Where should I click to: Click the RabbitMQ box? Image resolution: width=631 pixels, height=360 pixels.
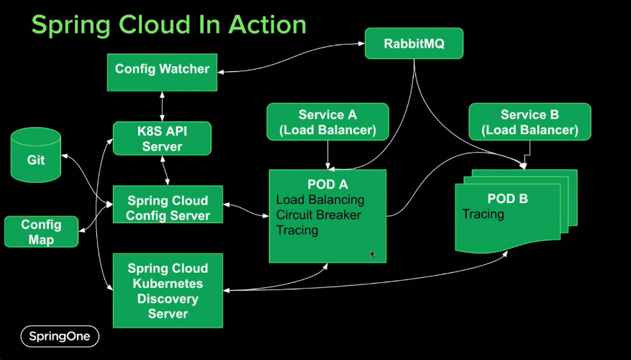pyautogui.click(x=414, y=44)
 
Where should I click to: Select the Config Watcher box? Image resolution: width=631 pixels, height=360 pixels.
pyautogui.click(x=162, y=70)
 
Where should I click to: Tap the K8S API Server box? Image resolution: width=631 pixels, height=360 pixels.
pyautogui.click(x=162, y=138)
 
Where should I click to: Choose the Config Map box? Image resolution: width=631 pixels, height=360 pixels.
pyautogui.click(x=41, y=231)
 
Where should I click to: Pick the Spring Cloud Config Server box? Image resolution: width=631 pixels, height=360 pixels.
pyautogui.click(x=168, y=208)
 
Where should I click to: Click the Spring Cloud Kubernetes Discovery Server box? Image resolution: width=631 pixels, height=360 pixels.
pyautogui.click(x=168, y=290)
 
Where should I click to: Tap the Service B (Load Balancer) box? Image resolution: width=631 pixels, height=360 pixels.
pyautogui.click(x=530, y=122)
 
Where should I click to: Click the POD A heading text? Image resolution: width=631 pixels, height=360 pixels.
pyautogui.click(x=327, y=184)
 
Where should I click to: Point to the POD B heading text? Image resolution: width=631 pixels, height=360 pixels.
pyautogui.click(x=507, y=198)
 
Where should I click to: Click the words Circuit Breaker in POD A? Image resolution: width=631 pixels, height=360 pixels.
pyautogui.click(x=319, y=215)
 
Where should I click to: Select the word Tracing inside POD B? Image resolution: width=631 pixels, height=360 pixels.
pyautogui.click(x=484, y=214)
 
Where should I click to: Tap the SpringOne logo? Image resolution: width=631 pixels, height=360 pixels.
pyautogui.click(x=59, y=336)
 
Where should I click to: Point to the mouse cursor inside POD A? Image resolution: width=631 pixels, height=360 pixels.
pyautogui.click(x=372, y=253)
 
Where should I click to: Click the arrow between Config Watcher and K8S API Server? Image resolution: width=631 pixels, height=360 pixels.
pyautogui.click(x=162, y=106)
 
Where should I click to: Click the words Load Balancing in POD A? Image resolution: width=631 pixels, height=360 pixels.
pyautogui.click(x=320, y=199)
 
